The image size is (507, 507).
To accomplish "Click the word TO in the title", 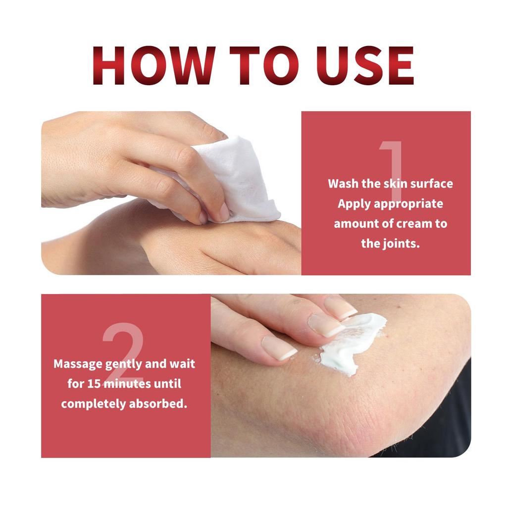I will point(250,66).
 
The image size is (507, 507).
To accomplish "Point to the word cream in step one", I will point(411,223).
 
